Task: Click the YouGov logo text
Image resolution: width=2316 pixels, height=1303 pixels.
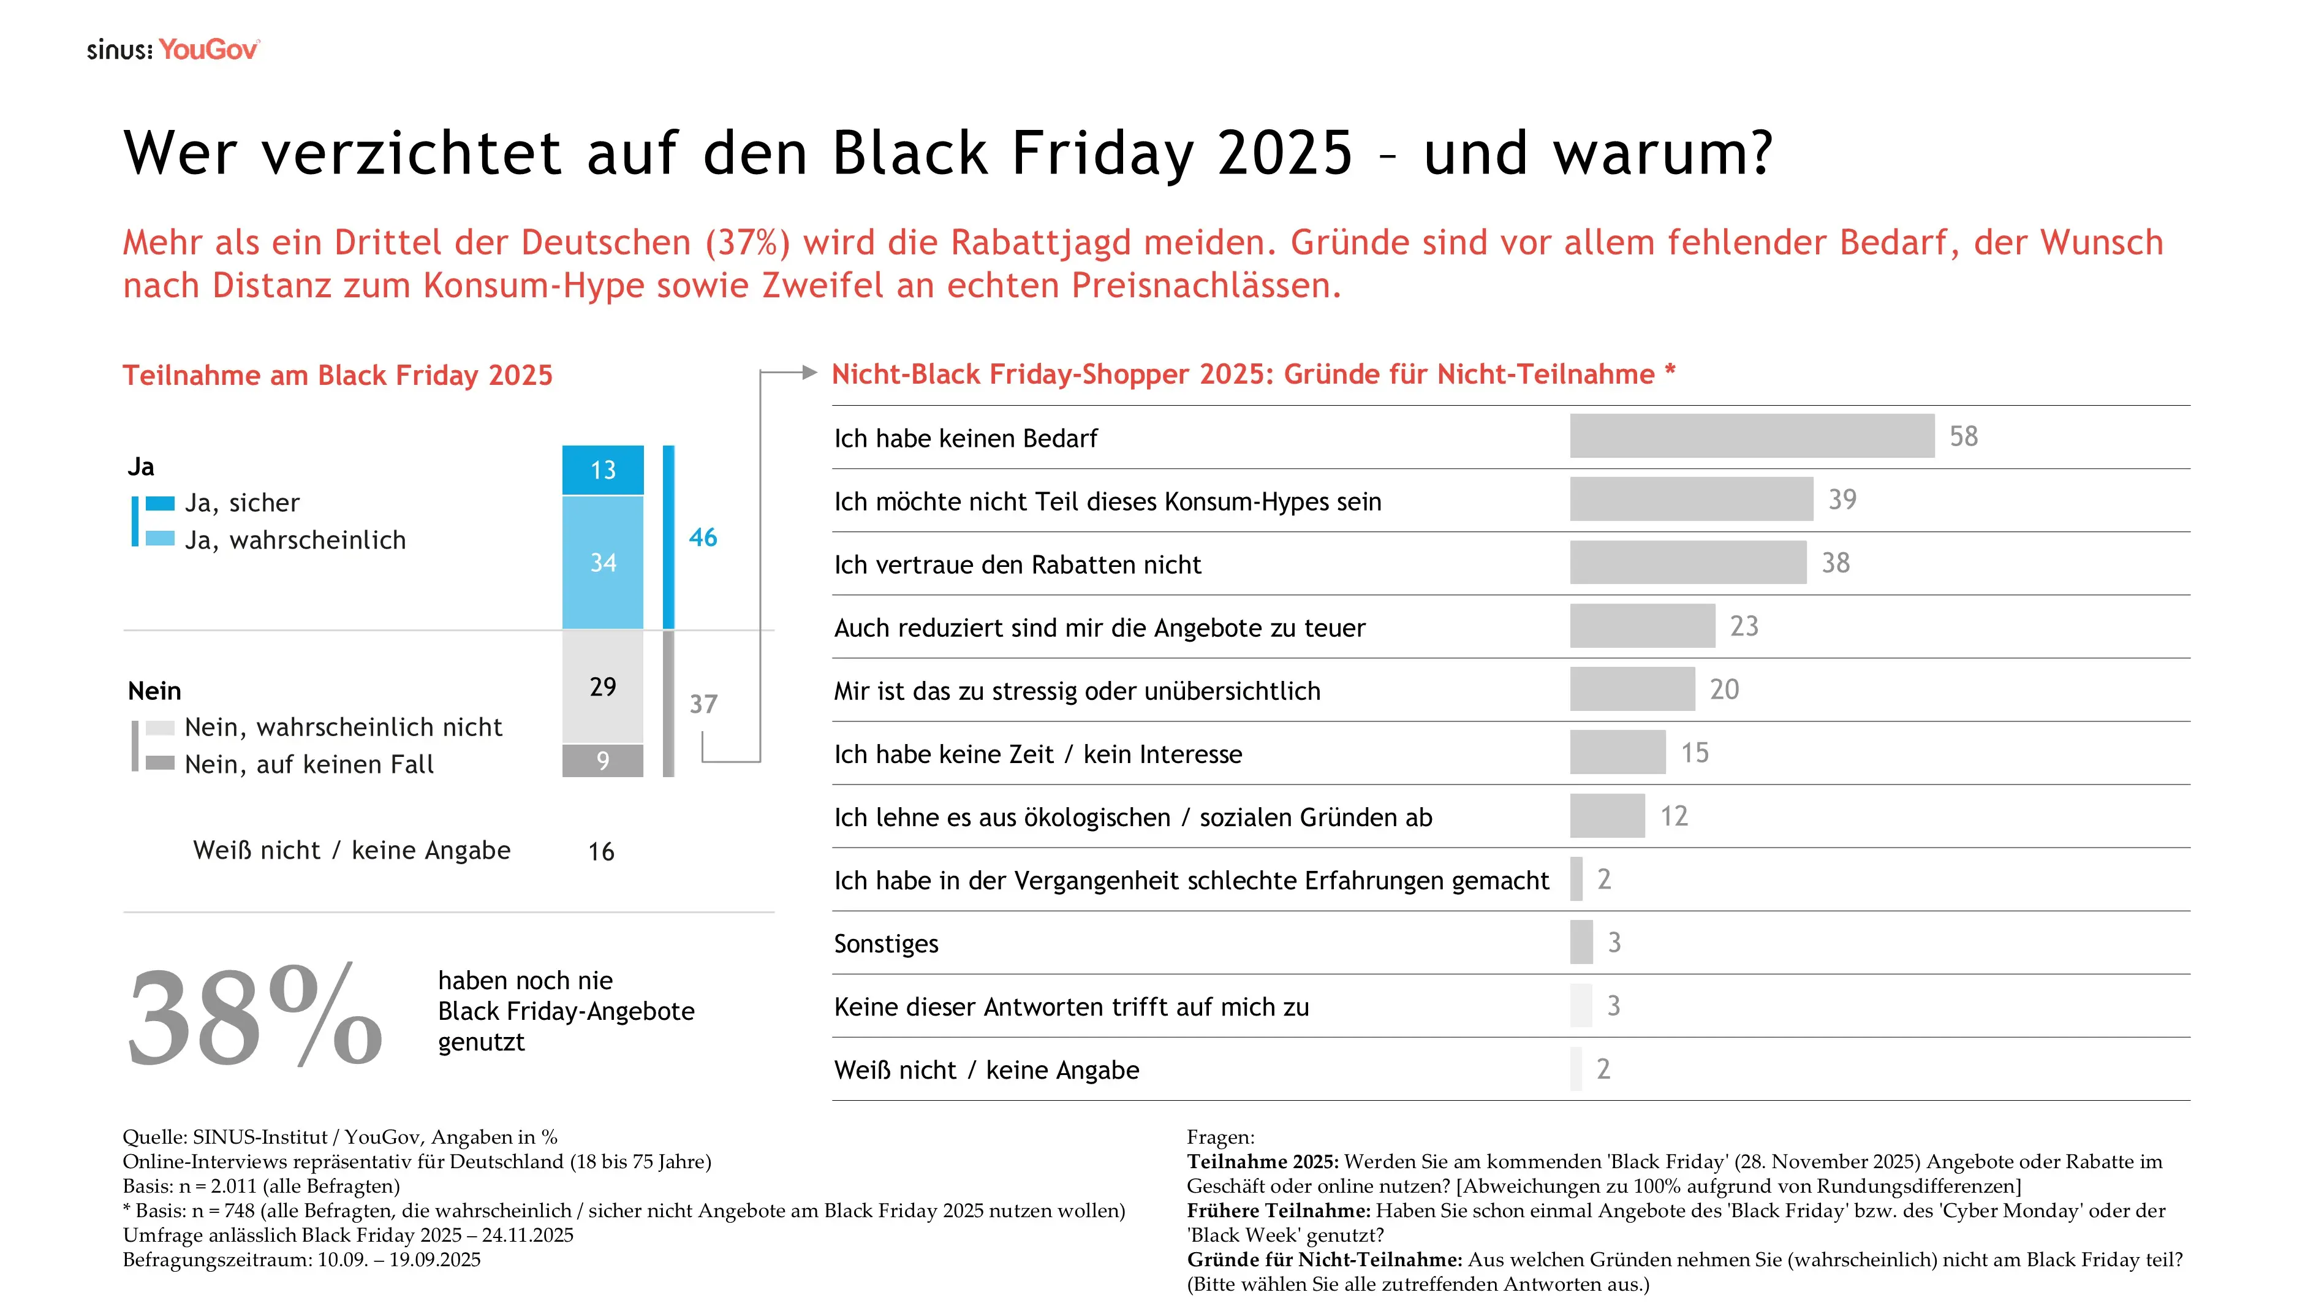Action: (208, 50)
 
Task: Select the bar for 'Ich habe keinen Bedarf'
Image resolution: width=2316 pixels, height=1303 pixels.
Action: (1751, 436)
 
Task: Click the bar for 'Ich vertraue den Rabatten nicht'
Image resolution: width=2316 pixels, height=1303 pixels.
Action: (1687, 563)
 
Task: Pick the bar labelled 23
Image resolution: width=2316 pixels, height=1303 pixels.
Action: (1641, 626)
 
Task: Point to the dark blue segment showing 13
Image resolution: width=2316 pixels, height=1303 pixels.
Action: (602, 469)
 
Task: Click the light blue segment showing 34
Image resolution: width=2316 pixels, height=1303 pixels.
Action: (602, 562)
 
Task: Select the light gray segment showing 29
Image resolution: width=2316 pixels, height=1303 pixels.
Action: (602, 686)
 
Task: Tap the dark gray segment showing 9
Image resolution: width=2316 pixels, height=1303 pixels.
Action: (602, 761)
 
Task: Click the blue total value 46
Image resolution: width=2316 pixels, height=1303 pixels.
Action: (703, 538)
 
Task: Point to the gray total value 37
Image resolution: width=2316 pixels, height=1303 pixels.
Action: (703, 704)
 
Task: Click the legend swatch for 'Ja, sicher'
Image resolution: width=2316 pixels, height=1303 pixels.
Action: (160, 503)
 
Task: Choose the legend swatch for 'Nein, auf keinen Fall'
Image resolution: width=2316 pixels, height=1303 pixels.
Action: (160, 764)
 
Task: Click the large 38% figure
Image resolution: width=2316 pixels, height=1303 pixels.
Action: (255, 1016)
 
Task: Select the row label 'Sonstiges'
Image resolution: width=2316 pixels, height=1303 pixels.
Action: (885, 943)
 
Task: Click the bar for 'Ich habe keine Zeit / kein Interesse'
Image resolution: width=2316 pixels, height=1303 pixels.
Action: (1618, 753)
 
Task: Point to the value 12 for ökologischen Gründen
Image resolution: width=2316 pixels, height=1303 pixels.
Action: (1673, 816)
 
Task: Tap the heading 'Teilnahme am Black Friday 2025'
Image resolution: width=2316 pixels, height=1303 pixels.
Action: (337, 375)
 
